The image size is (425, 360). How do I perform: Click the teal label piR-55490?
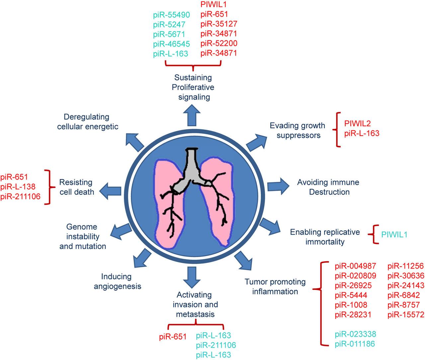(171, 15)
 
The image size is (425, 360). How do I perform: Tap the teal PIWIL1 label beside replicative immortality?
(394, 235)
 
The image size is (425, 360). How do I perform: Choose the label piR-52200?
(219, 43)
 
